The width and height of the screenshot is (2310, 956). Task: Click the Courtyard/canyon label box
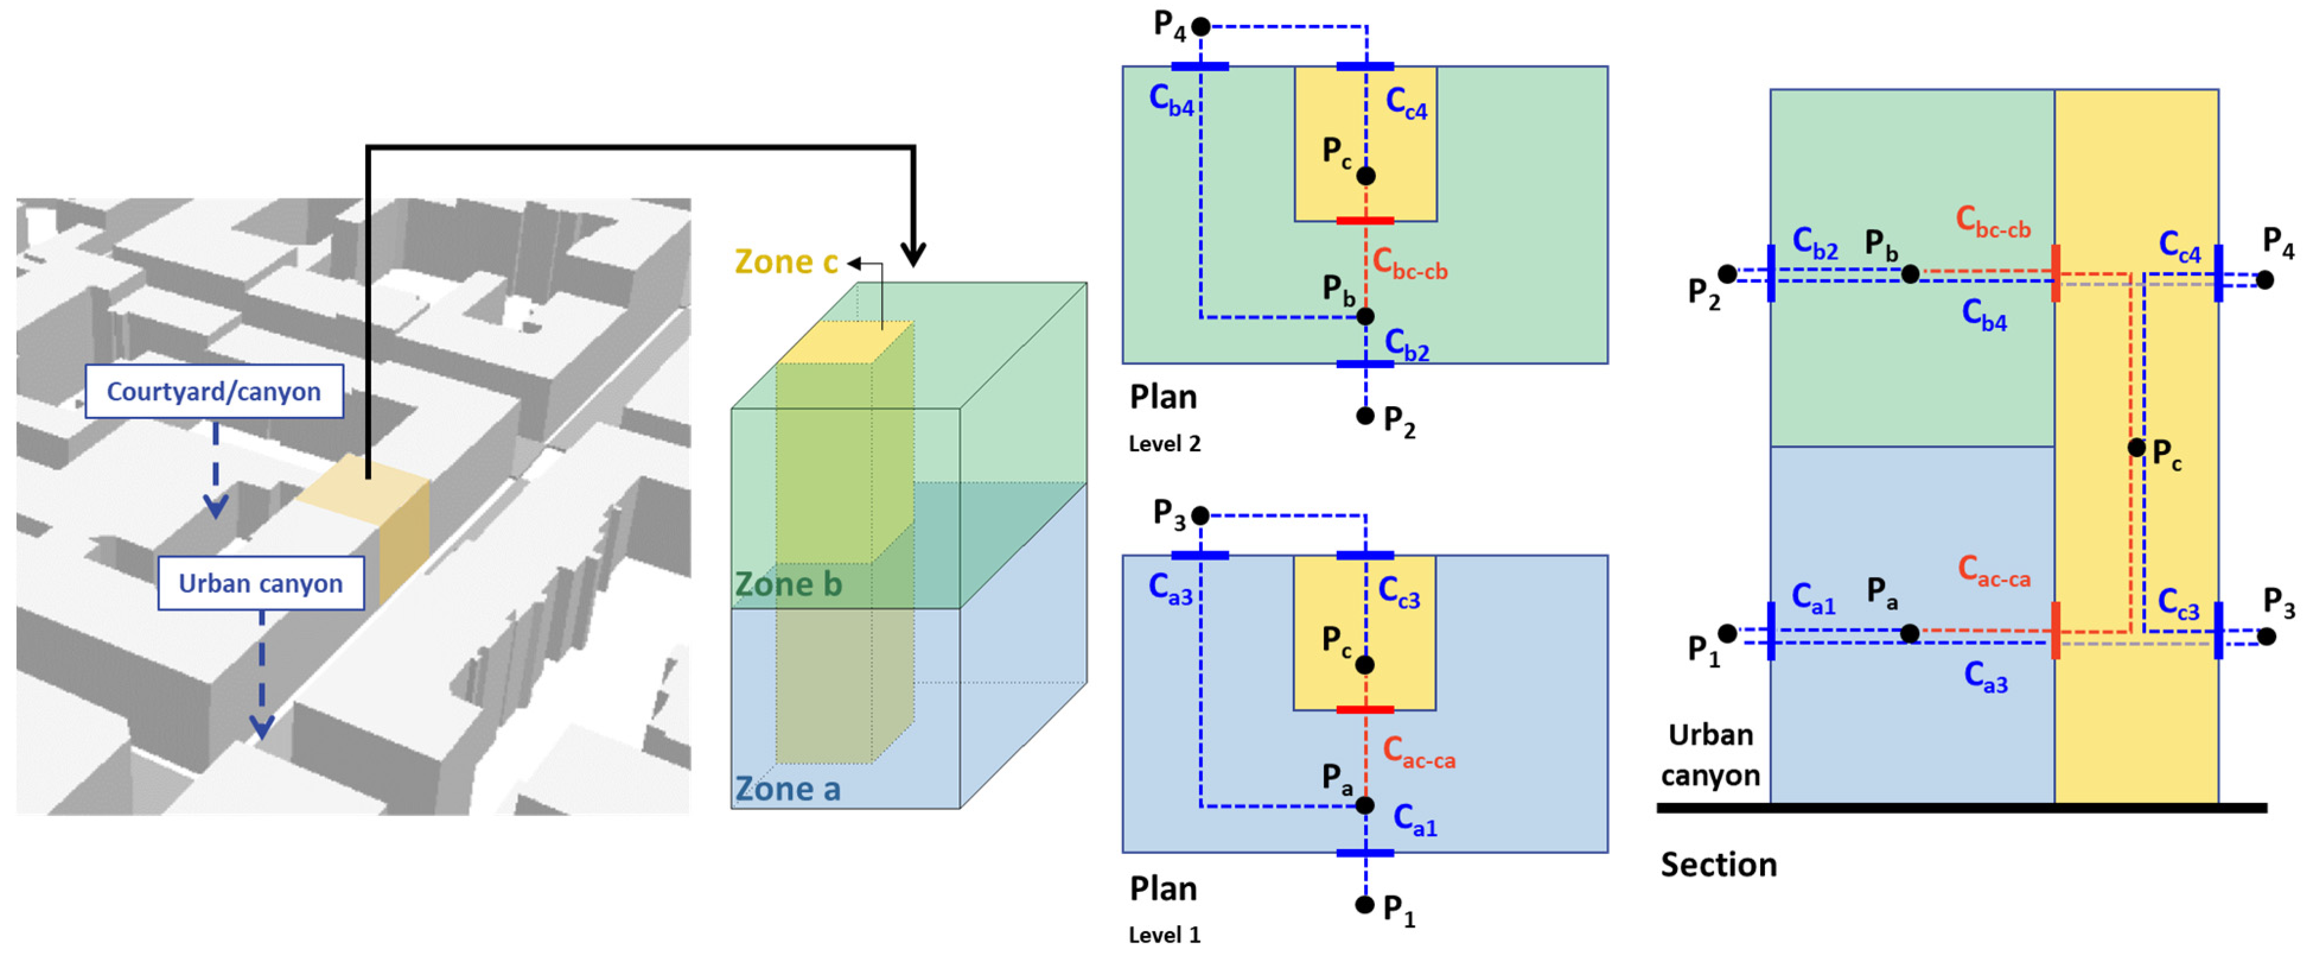coord(214,391)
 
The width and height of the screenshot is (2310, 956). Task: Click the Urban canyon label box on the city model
coord(261,583)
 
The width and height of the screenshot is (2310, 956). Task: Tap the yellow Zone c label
coord(786,262)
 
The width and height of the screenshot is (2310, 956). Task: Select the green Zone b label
coord(788,584)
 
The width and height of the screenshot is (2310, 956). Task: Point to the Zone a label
coord(788,789)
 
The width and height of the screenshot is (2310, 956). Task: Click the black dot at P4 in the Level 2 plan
coord(1201,27)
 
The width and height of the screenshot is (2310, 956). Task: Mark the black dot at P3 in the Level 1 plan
coord(1201,516)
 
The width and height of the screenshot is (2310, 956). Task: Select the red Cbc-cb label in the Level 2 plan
coord(1410,265)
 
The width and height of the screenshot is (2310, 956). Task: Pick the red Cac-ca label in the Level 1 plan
coord(1419,753)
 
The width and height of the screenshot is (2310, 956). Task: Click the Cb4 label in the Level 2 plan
coord(1171,100)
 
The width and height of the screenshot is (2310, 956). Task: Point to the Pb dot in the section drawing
coord(1910,273)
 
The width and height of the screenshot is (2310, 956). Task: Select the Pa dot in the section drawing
coord(1910,634)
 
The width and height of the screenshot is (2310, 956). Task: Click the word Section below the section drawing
coord(1718,865)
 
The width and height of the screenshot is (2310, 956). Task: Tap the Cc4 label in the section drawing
coord(2179,247)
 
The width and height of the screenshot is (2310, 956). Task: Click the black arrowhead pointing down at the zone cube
coord(914,254)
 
